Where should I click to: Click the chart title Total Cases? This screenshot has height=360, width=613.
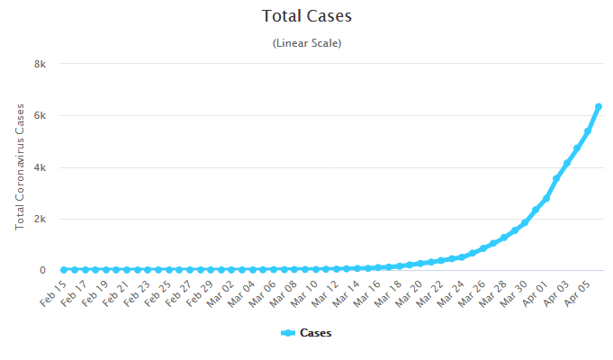307,16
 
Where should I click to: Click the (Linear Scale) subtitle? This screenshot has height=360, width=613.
307,42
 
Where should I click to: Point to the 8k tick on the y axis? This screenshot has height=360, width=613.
40,64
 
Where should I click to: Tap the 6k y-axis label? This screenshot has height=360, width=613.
40,115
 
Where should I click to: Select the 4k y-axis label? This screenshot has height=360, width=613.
40,167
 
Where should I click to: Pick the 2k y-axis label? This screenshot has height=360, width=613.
40,219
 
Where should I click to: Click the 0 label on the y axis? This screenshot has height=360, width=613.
42,270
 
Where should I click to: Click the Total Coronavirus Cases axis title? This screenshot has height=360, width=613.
20,166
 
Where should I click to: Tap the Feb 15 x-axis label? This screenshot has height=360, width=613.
54,293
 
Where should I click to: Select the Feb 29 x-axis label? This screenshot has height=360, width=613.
200,293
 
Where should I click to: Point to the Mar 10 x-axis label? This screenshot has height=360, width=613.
303,293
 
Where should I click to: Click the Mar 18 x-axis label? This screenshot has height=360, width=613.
387,293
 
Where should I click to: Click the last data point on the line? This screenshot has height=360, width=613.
599,106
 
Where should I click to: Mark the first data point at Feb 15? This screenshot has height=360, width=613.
64,269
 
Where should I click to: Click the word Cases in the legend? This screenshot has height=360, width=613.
315,333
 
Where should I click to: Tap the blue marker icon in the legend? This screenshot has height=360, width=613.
288,333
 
